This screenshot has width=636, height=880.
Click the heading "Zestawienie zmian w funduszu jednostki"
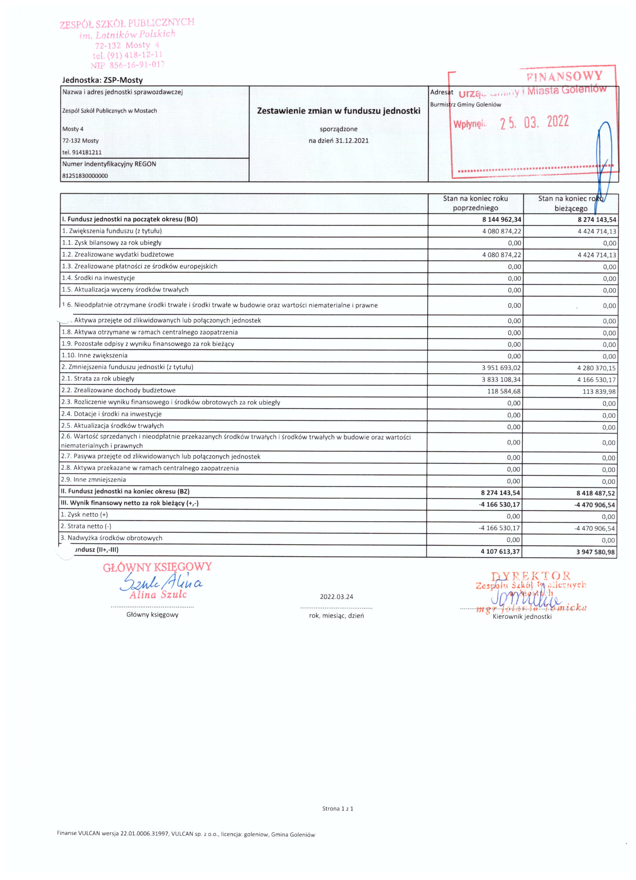(x=338, y=111)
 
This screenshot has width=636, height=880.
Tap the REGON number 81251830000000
(x=85, y=176)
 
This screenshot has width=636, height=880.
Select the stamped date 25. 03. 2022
(x=534, y=123)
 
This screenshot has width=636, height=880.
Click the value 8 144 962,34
(x=501, y=220)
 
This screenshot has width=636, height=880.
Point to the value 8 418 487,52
(x=596, y=493)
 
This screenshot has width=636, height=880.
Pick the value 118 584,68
(x=504, y=391)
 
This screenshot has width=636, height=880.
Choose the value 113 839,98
(x=599, y=391)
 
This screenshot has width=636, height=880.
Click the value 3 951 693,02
(x=501, y=368)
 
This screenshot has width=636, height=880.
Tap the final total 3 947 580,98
(x=596, y=552)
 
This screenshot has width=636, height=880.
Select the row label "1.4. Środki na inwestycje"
(x=98, y=278)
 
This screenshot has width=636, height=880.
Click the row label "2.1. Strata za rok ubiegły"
(x=98, y=378)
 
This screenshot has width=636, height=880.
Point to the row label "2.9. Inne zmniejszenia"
(x=93, y=480)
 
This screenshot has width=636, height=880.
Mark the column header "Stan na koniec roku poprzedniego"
(x=476, y=203)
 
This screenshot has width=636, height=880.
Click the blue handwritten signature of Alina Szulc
(x=161, y=582)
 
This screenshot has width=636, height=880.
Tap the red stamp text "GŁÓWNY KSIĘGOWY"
(x=157, y=567)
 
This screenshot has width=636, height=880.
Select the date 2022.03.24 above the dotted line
(x=336, y=597)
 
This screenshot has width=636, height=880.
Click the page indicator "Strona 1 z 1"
(x=337, y=809)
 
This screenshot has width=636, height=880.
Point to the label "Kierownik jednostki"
(x=522, y=617)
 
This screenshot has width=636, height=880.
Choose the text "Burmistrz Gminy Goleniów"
(x=465, y=104)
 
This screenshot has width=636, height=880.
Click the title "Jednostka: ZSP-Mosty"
(x=103, y=80)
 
